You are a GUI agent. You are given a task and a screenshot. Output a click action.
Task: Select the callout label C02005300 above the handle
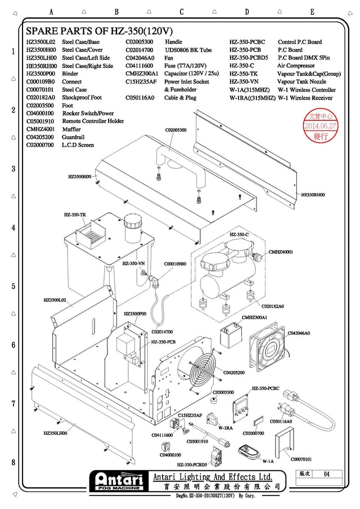pos(175,130)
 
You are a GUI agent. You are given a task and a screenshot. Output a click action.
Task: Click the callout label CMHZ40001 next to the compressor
pos(281,252)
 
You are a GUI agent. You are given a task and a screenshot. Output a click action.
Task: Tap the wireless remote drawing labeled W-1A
pos(248,450)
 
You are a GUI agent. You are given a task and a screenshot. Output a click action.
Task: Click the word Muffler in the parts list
pos(71,129)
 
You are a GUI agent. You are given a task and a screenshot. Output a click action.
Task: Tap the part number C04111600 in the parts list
pos(139,66)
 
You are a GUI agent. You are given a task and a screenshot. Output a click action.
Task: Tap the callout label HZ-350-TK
pos(75,215)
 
